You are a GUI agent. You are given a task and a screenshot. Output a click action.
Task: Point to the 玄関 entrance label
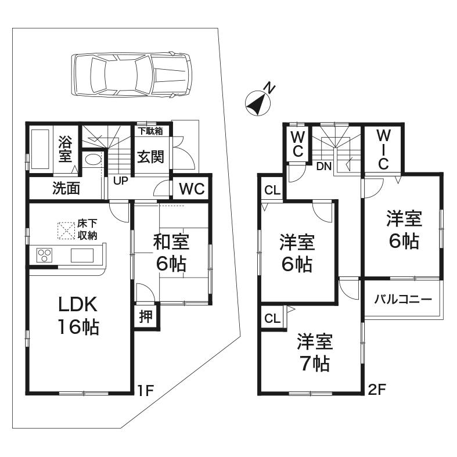coord(150,157)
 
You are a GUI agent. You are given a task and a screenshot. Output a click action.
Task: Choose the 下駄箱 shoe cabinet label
coord(150,131)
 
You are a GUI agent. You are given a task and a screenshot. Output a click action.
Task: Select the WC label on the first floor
coord(191,189)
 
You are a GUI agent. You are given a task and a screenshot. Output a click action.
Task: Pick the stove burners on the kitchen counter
coord(45,255)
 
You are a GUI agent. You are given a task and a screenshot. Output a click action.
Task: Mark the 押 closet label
coord(146,316)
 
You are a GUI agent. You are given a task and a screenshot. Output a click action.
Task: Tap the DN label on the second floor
coord(324,167)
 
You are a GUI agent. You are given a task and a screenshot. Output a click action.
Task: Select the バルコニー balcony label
coord(402,300)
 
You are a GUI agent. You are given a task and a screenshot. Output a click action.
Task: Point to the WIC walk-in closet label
coord(382,150)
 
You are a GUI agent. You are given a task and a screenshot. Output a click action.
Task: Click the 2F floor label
coord(377,390)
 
